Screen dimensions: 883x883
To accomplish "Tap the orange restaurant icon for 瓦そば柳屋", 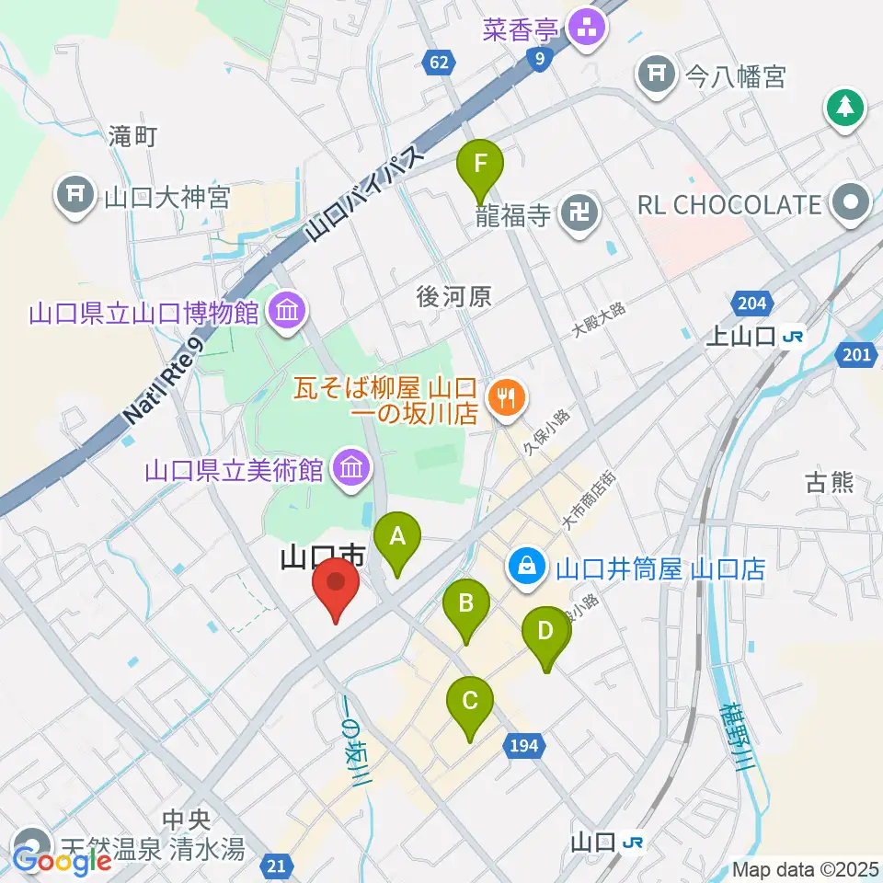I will (505, 399).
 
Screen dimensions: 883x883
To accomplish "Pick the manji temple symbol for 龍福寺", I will (580, 216).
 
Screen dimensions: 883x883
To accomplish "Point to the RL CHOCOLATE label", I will (728, 204).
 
